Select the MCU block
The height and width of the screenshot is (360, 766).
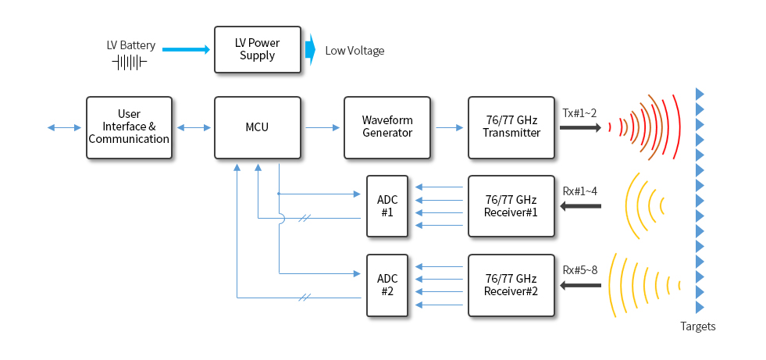click(x=257, y=127)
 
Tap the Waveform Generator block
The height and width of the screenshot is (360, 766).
click(x=387, y=127)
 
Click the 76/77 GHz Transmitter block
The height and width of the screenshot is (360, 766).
click(x=511, y=127)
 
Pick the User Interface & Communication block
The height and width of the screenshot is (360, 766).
click(x=129, y=127)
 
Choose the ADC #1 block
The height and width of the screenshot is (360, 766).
click(x=387, y=207)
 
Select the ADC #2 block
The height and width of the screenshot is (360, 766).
click(x=387, y=285)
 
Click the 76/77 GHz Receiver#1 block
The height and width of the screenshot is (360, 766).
click(x=511, y=207)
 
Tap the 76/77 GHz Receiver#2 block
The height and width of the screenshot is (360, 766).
click(x=511, y=285)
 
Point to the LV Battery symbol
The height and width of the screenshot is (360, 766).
click(x=130, y=62)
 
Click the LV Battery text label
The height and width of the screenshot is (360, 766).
click(x=130, y=45)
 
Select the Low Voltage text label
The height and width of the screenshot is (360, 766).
click(x=354, y=51)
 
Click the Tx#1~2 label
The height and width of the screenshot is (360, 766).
click(x=579, y=113)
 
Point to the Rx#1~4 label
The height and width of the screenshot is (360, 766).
click(x=579, y=191)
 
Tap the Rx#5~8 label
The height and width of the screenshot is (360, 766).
click(x=579, y=270)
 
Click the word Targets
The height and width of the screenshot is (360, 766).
click(x=697, y=326)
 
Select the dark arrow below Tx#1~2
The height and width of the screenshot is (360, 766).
click(x=580, y=128)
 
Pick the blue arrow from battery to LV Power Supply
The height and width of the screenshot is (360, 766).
click(x=186, y=50)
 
